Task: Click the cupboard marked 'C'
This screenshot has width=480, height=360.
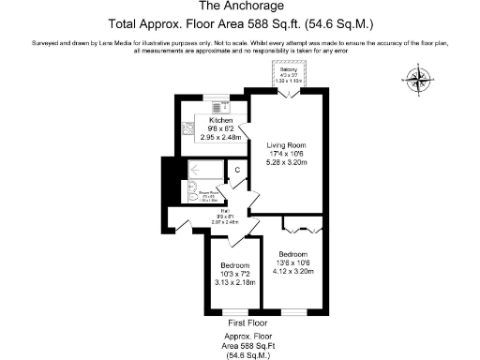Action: click(237, 170)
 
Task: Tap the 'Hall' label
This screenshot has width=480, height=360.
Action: click(198, 215)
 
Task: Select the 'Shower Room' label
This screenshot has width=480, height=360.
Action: click(209, 195)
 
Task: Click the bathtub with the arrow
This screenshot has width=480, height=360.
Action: click(204, 170)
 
